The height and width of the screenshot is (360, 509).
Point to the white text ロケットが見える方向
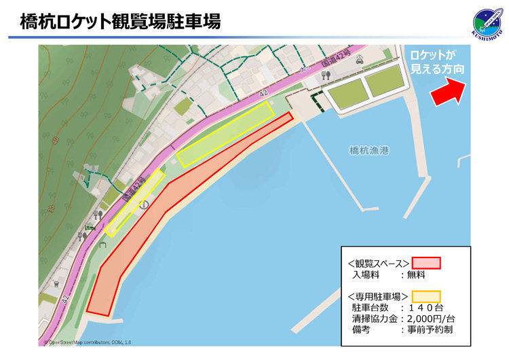click(438, 62)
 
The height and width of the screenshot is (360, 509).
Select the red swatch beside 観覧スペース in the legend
click(426, 263)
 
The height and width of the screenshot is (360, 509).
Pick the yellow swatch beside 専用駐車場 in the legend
click(426, 296)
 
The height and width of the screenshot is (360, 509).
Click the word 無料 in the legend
click(415, 275)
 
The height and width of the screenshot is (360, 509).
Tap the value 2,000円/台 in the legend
click(429, 319)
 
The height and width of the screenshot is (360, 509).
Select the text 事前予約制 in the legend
click(429, 329)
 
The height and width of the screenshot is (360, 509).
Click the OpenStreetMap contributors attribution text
click(88, 342)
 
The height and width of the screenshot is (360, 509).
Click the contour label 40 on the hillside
click(43, 142)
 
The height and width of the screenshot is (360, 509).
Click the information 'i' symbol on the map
click(143, 204)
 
